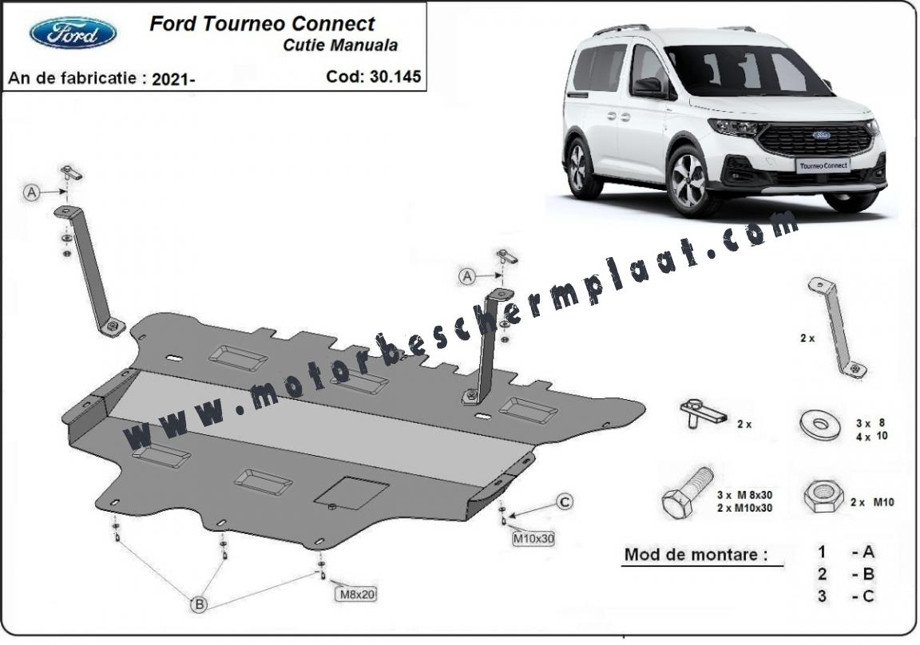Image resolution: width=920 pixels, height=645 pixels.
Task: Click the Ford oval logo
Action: coord(73,33)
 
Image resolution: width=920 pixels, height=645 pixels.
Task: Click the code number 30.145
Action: coord(395,77)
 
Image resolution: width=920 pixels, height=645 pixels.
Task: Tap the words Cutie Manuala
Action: coord(340,46)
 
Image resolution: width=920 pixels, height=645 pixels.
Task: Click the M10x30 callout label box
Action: coord(533,538)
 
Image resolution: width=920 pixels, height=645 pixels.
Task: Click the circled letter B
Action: coord(200,603)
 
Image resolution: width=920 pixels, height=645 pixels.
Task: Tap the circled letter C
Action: coord(565,502)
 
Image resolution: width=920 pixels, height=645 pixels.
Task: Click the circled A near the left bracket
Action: coord(32,192)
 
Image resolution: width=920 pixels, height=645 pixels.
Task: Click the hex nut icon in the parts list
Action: coord(824,497)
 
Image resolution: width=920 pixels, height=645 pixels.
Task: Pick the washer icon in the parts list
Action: coord(819,423)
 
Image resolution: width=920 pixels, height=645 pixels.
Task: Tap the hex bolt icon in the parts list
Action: coord(688,493)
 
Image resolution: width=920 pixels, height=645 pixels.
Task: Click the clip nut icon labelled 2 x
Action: coord(703,414)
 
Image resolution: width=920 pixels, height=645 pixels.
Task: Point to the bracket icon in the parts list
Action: coord(837,327)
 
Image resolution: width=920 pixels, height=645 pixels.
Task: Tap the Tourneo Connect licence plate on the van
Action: coord(824,165)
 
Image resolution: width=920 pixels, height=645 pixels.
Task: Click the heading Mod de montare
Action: coord(696,555)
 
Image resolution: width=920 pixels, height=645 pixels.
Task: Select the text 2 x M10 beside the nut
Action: coord(872,502)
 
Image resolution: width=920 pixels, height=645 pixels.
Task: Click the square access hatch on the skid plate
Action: coord(351,492)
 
